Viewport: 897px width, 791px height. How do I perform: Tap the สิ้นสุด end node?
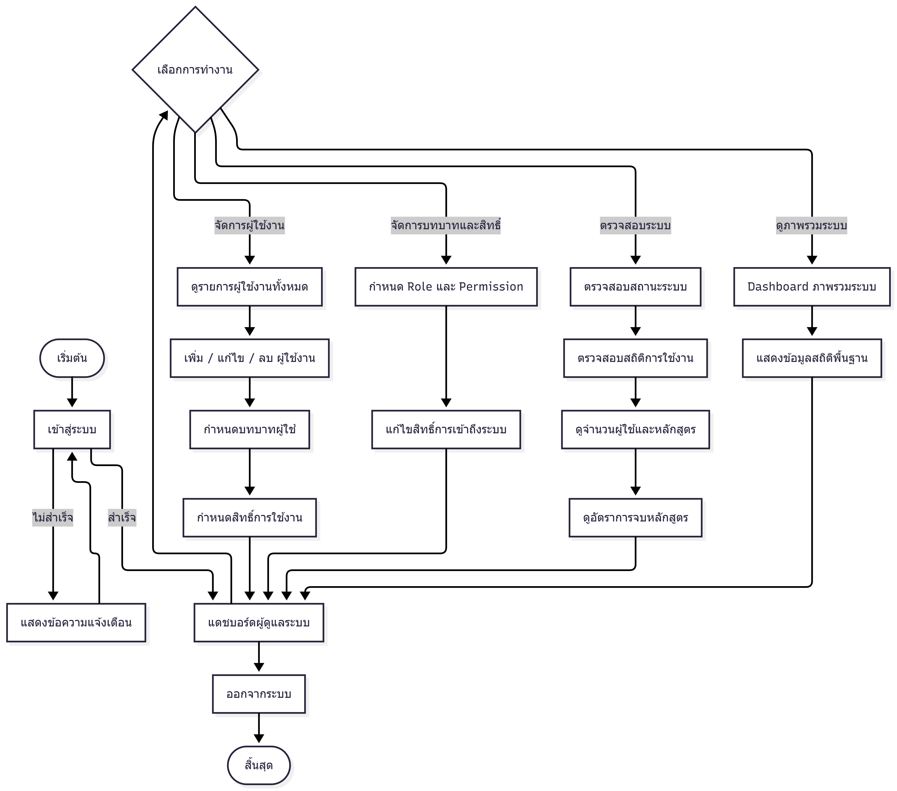click(x=259, y=765)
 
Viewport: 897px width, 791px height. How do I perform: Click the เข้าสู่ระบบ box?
click(x=72, y=429)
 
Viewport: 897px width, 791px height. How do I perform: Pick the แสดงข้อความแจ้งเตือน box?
click(x=76, y=622)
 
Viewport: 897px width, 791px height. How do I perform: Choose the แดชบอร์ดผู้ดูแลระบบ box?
click(x=259, y=622)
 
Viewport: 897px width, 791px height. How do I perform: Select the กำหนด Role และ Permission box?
click(x=446, y=287)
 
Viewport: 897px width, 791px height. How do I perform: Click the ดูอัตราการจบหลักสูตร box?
click(x=635, y=518)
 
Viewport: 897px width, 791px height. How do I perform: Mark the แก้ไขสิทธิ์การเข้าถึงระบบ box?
click(x=446, y=429)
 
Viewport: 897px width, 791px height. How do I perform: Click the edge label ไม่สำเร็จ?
click(x=53, y=518)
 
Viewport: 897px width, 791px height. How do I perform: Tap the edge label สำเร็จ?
click(x=122, y=518)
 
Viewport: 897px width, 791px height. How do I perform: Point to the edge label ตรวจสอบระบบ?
click(x=635, y=226)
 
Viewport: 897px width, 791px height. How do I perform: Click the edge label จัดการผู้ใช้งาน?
click(x=250, y=226)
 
